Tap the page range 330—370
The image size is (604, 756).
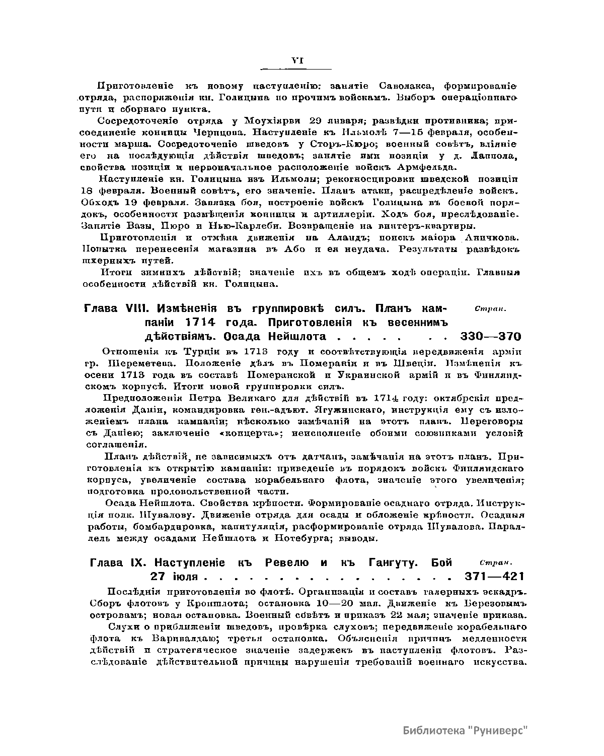pyautogui.click(x=490, y=337)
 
